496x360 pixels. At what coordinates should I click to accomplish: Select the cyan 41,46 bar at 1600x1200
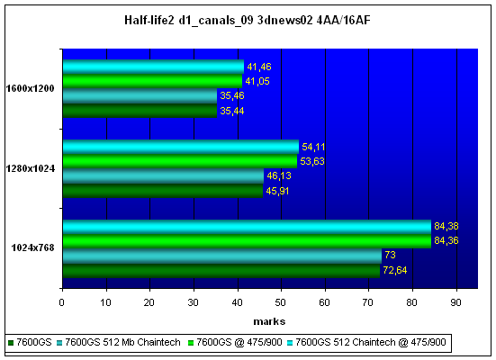pyautogui.click(x=153, y=67)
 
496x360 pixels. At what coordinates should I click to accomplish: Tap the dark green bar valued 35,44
pyautogui.click(x=140, y=111)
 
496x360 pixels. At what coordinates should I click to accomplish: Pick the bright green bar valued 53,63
pyautogui.click(x=180, y=161)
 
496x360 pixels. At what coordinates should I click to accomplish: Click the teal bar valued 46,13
pyautogui.click(x=163, y=175)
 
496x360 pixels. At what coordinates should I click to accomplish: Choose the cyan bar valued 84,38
pyautogui.click(x=247, y=227)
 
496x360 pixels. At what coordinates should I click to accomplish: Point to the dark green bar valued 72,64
pyautogui.click(x=221, y=271)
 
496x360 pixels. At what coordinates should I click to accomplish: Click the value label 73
pyautogui.click(x=390, y=255)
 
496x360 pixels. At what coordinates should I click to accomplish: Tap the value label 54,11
pyautogui.click(x=313, y=147)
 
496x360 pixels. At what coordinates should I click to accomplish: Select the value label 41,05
pyautogui.click(x=257, y=81)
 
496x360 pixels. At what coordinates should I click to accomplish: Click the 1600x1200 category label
pyautogui.click(x=31, y=88)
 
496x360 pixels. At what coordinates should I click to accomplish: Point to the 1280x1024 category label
pyautogui.click(x=31, y=168)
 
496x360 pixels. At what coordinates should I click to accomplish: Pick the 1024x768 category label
pyautogui.click(x=33, y=247)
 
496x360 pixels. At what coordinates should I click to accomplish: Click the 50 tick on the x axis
pyautogui.click(x=281, y=302)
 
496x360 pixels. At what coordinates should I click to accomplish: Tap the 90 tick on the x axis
pyautogui.click(x=455, y=302)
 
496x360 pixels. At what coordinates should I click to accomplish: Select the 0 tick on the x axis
pyautogui.click(x=62, y=302)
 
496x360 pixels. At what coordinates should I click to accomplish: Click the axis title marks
pyautogui.click(x=269, y=321)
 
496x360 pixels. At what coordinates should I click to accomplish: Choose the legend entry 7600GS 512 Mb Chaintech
pyautogui.click(x=119, y=342)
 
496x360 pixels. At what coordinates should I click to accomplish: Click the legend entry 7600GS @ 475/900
pyautogui.click(x=235, y=342)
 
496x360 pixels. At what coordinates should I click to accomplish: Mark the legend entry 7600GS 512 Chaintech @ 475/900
pyautogui.click(x=366, y=342)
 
